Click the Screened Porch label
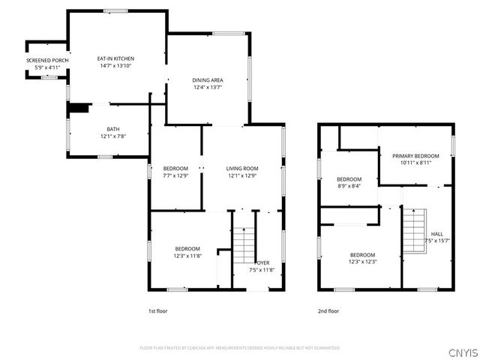[x=47, y=60]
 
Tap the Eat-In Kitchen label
[x=116, y=58]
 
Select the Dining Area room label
[x=208, y=80]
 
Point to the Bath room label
[x=113, y=129]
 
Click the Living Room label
[x=242, y=168]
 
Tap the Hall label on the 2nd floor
[x=436, y=233]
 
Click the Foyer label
[x=262, y=262]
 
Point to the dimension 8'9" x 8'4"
[x=349, y=186]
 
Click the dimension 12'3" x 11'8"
[x=187, y=256]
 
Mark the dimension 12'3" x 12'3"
[x=362, y=261]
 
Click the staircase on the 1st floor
[x=241, y=241]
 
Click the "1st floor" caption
[x=157, y=310]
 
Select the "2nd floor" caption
[x=328, y=310]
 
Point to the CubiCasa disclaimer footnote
[x=240, y=348]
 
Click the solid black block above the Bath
[x=77, y=108]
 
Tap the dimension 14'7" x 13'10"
[x=116, y=66]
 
